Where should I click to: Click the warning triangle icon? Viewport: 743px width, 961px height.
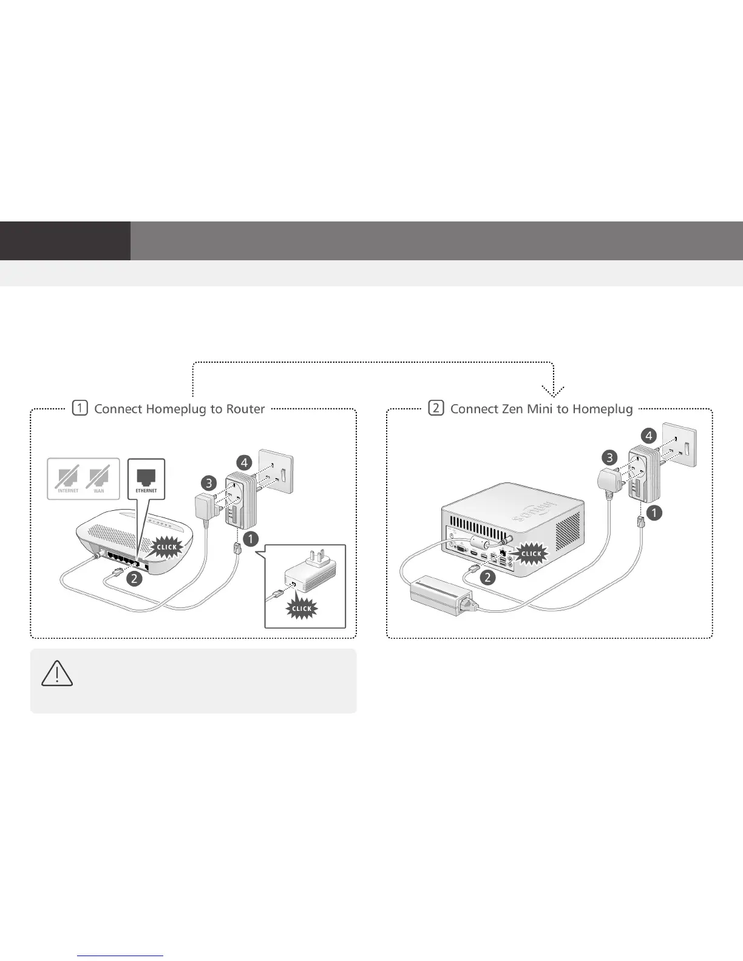[57, 673]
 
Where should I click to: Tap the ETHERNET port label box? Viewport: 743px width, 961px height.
[146, 479]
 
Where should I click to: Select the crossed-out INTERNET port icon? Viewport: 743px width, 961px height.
[68, 477]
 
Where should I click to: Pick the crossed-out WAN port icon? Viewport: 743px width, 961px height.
[98, 477]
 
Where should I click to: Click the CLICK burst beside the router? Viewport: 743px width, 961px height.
[166, 547]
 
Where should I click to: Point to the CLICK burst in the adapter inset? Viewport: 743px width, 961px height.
[302, 608]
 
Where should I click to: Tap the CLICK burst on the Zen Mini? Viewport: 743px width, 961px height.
[531, 553]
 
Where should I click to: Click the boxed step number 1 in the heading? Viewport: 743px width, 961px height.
[80, 408]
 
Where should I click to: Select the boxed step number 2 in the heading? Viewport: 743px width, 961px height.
[436, 408]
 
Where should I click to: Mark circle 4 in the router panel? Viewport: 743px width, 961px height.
[244, 463]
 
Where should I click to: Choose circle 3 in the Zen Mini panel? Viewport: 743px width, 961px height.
[609, 457]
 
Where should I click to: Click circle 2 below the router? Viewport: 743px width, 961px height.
[134, 578]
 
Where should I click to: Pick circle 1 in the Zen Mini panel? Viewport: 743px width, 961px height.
[654, 513]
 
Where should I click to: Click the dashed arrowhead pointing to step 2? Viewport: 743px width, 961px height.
[554, 390]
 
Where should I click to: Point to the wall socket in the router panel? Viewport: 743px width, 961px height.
[276, 473]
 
